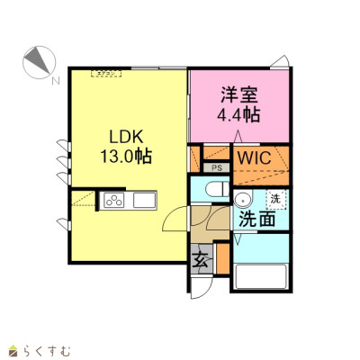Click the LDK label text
pos(126,137)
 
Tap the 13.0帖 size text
pos(126,157)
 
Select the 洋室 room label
pos(239,94)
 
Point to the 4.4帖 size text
pos(238,114)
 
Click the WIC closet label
pos(255,157)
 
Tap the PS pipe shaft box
pos(217,168)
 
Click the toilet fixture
pos(218,190)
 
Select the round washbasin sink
pos(244,199)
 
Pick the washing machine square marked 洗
pos(275,199)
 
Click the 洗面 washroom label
pos(257,220)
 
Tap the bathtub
pos(261,276)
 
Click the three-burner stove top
pos(113,200)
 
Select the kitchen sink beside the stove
pos(144,200)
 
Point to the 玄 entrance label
pos(201,261)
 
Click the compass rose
pos(39,62)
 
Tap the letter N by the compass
pos(55,81)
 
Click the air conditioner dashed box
pos(106,74)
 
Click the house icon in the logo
pos(14,350)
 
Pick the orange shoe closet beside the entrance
pos(222,259)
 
